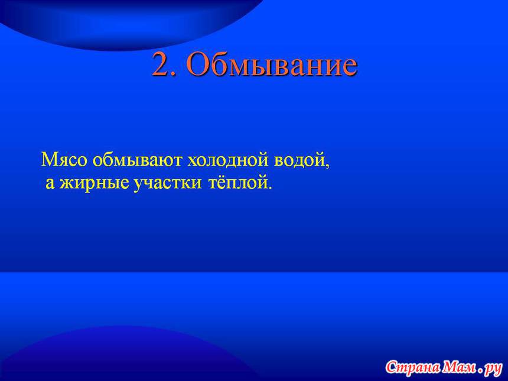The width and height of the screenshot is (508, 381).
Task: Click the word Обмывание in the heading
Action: (x=272, y=64)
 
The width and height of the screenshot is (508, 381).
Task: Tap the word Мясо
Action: (x=64, y=160)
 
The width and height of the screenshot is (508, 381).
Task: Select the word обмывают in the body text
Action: (x=138, y=160)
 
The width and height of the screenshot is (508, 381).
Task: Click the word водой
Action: (x=299, y=160)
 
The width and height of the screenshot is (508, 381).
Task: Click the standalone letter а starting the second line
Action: (x=50, y=183)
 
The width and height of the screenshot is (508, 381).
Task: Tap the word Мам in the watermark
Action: (x=459, y=367)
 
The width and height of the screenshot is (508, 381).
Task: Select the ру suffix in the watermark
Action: (x=493, y=369)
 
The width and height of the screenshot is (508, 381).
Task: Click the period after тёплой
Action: (x=268, y=188)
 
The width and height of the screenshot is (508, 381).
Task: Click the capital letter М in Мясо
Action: (x=50, y=159)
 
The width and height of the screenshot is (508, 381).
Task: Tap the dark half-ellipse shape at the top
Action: (x=129, y=22)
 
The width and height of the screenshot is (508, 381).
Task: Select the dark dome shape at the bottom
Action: (x=129, y=354)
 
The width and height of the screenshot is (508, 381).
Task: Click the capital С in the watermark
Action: (x=393, y=367)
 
